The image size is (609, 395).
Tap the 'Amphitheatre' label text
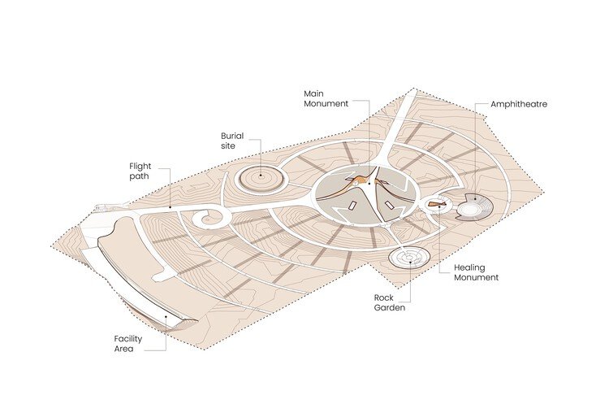tap(519, 104)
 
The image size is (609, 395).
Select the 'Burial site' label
tap(232, 141)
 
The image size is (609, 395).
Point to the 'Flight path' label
tap(140, 171)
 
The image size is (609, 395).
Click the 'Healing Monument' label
tap(476, 272)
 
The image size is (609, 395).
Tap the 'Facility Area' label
tap(128, 344)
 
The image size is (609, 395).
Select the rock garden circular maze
tap(408, 257)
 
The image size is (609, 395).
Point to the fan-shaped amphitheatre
tap(474, 206)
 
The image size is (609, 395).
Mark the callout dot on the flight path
tap(171, 207)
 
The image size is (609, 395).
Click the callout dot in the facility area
tap(166, 316)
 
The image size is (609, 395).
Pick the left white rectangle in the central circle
tap(352, 206)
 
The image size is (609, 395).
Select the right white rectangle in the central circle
tap(388, 205)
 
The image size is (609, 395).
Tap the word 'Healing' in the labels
tap(469, 268)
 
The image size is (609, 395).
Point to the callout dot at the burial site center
tap(261, 176)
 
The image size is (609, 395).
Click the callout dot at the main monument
tap(369, 184)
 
